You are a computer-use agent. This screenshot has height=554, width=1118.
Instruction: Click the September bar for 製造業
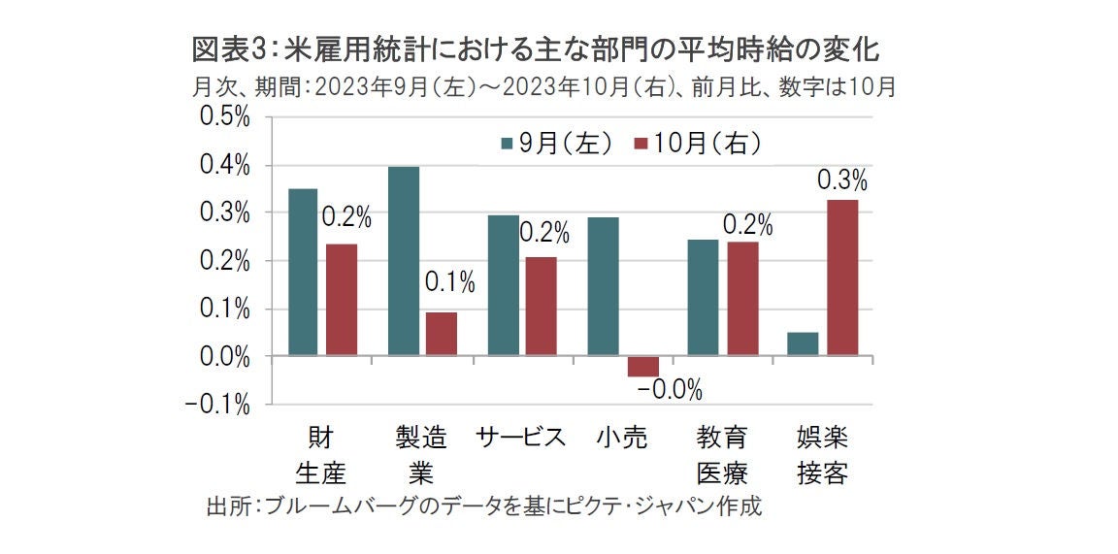click(404, 261)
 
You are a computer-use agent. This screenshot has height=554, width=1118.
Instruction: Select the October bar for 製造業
click(441, 334)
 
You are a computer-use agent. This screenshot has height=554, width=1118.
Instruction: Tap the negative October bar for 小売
click(642, 367)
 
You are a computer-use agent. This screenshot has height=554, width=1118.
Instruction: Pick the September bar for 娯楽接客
click(803, 344)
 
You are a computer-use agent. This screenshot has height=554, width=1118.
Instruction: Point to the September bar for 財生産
click(303, 273)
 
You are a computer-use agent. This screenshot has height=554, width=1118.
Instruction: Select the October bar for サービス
click(542, 307)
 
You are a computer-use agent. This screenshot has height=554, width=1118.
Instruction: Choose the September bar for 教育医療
click(703, 298)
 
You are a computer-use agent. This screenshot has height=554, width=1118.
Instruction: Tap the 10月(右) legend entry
click(698, 144)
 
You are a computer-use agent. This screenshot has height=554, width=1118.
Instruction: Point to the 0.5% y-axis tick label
click(224, 116)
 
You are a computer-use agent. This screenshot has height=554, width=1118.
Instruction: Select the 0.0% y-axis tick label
click(224, 357)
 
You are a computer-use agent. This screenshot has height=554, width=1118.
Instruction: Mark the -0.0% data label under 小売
click(670, 391)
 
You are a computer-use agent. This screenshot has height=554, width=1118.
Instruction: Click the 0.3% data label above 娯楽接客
click(841, 180)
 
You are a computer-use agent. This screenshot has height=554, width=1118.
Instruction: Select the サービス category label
click(521, 438)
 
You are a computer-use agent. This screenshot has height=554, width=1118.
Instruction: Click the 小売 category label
click(621, 438)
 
